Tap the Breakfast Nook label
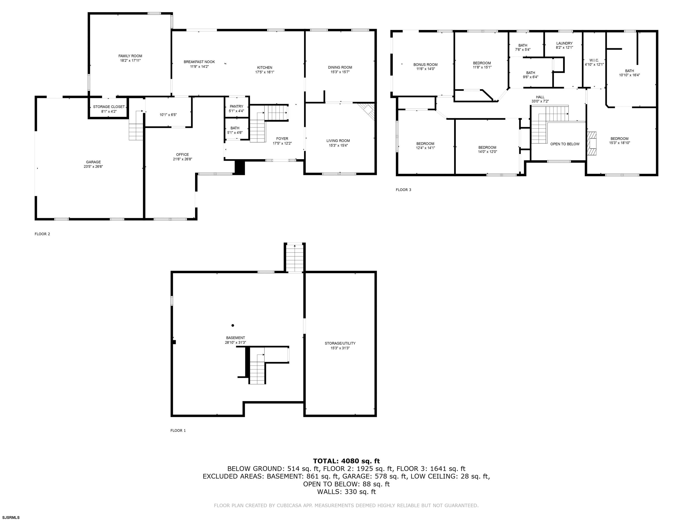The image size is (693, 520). tap(199, 62)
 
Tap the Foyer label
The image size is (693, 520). tap(282, 139)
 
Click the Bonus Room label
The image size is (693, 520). tap(425, 65)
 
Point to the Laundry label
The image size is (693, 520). tap(564, 43)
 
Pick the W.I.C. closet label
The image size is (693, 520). tap(594, 60)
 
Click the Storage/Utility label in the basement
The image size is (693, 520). tap(340, 343)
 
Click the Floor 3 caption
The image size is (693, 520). tap(404, 190)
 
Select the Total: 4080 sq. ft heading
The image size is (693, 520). tap(346, 461)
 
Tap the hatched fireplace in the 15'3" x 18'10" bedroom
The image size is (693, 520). tap(591, 143)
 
